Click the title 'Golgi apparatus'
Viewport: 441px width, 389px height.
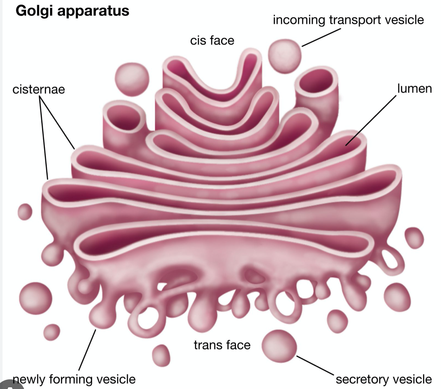[72, 11]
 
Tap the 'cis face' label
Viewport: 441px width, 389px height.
[212, 41]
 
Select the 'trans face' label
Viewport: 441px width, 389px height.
[222, 345]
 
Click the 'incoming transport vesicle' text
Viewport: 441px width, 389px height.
[348, 20]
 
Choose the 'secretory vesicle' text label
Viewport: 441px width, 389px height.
[383, 379]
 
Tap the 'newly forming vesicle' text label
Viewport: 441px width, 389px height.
[75, 379]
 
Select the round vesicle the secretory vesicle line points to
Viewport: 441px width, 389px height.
[279, 346]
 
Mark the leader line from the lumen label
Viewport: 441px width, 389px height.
[371, 120]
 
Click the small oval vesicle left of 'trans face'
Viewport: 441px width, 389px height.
[161, 355]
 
